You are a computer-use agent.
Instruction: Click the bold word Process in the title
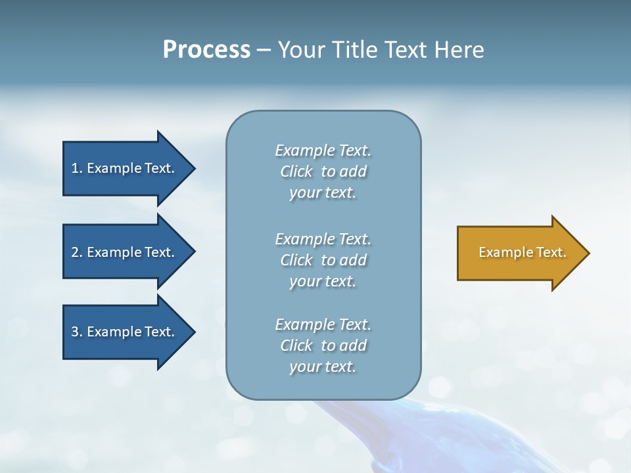pos(206,49)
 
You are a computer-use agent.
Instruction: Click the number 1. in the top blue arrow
pos(77,168)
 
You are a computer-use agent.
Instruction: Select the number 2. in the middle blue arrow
pos(77,252)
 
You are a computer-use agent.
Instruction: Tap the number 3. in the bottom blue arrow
pos(77,332)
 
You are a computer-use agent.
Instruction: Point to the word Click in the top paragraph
pos(296,171)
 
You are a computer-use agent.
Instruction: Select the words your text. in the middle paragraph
pos(323,281)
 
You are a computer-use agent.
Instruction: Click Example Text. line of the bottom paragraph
pos(323,325)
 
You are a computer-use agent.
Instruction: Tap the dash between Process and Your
pos(264,50)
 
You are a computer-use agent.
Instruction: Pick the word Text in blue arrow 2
pos(159,252)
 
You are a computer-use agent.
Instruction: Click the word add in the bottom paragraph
pos(354,346)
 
